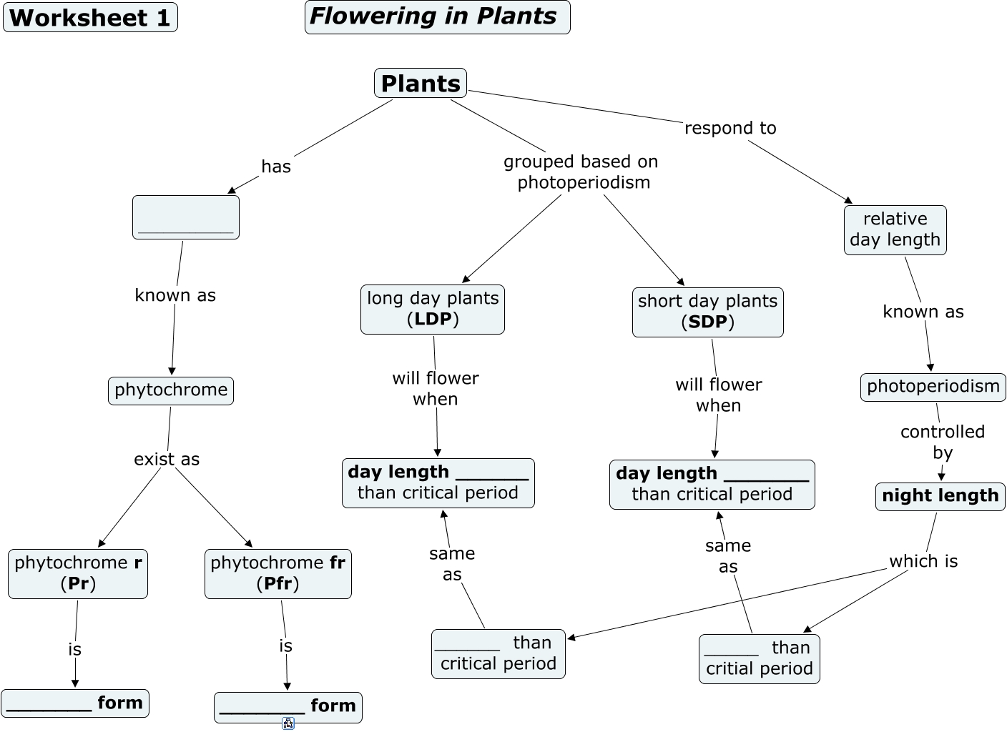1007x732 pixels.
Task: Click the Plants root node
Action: pos(421,83)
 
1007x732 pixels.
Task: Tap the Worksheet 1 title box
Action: pos(90,17)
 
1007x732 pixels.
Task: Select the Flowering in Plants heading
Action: pos(437,17)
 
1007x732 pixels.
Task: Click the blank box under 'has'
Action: pos(186,217)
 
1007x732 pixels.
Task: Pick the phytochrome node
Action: pos(171,390)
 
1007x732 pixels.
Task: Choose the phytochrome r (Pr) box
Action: pos(78,573)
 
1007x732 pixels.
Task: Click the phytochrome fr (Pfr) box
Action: pos(277,573)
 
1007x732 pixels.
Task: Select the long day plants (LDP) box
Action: pos(433,309)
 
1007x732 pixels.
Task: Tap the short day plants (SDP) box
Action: pos(707,312)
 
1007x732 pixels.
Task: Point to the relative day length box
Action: pos(895,229)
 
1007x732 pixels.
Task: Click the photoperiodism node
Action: pos(933,387)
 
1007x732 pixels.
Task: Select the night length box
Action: pos(940,496)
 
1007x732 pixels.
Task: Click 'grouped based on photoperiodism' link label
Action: pos(581,172)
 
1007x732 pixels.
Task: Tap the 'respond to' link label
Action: pos(730,128)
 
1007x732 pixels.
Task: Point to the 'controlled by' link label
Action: pos(942,442)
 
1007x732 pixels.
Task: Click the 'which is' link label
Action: pos(923,561)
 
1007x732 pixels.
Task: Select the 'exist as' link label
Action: pos(167,459)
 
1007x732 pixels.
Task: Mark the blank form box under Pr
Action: pos(75,703)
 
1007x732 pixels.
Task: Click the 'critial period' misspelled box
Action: pos(759,658)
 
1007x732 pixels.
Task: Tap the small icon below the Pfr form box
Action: pos(288,723)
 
